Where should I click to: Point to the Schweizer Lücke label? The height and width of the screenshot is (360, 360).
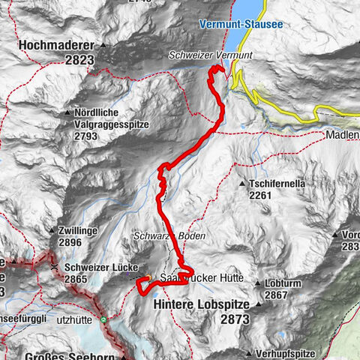pyautogui.click(x=97, y=266)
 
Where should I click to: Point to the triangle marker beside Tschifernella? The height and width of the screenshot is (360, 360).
pyautogui.click(x=242, y=183)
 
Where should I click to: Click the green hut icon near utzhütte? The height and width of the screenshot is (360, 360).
pyautogui.click(x=104, y=319)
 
